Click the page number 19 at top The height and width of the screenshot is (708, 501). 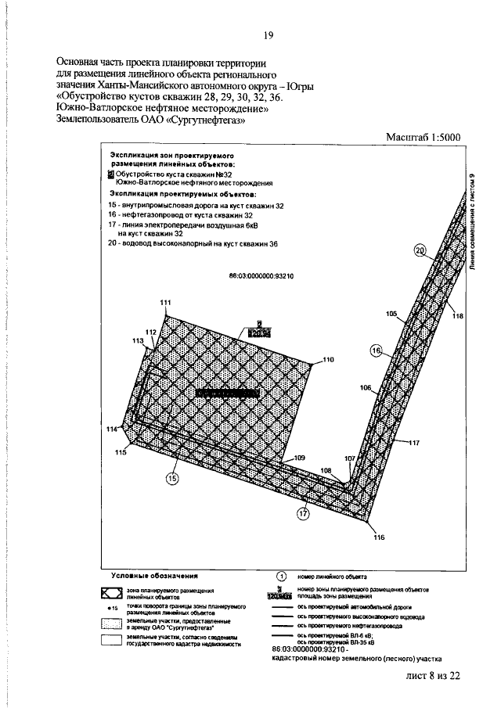click(268, 35)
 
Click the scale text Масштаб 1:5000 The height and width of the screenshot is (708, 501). click(424, 137)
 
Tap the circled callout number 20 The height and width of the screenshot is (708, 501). click(420, 250)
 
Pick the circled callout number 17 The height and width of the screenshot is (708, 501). click(303, 513)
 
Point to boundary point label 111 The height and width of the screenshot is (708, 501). click(165, 303)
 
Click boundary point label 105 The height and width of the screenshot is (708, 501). click(391, 313)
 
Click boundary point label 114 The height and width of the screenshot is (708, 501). click(111, 429)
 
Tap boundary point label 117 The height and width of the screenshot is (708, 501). click(413, 443)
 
